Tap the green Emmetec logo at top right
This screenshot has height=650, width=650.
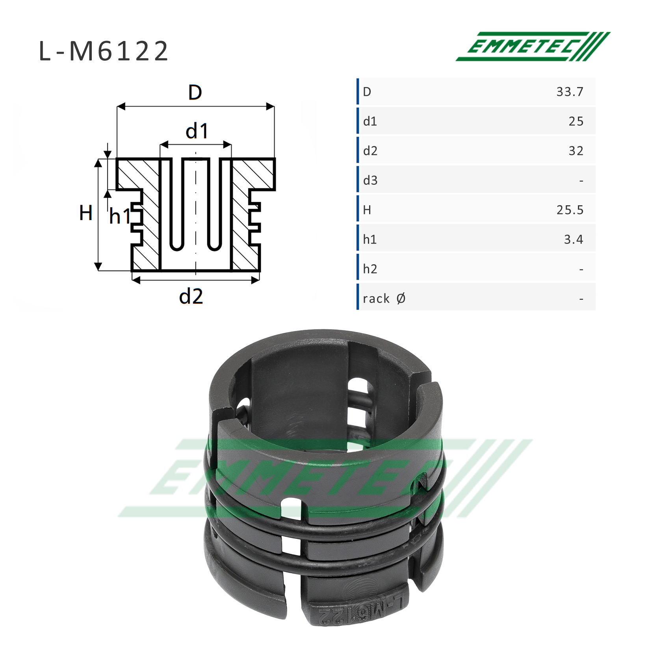coord(533,46)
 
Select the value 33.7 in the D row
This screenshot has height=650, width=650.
coord(570,92)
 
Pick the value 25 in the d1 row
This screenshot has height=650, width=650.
coord(576,121)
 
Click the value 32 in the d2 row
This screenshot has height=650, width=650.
coord(576,151)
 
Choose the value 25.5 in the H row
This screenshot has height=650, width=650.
coord(570,210)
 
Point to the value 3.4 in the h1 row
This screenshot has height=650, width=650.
coord(574,240)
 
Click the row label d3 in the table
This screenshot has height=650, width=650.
coord(370,180)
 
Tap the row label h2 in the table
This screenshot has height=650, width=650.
coord(370,269)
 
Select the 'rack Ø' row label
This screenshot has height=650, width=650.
coord(384,299)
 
